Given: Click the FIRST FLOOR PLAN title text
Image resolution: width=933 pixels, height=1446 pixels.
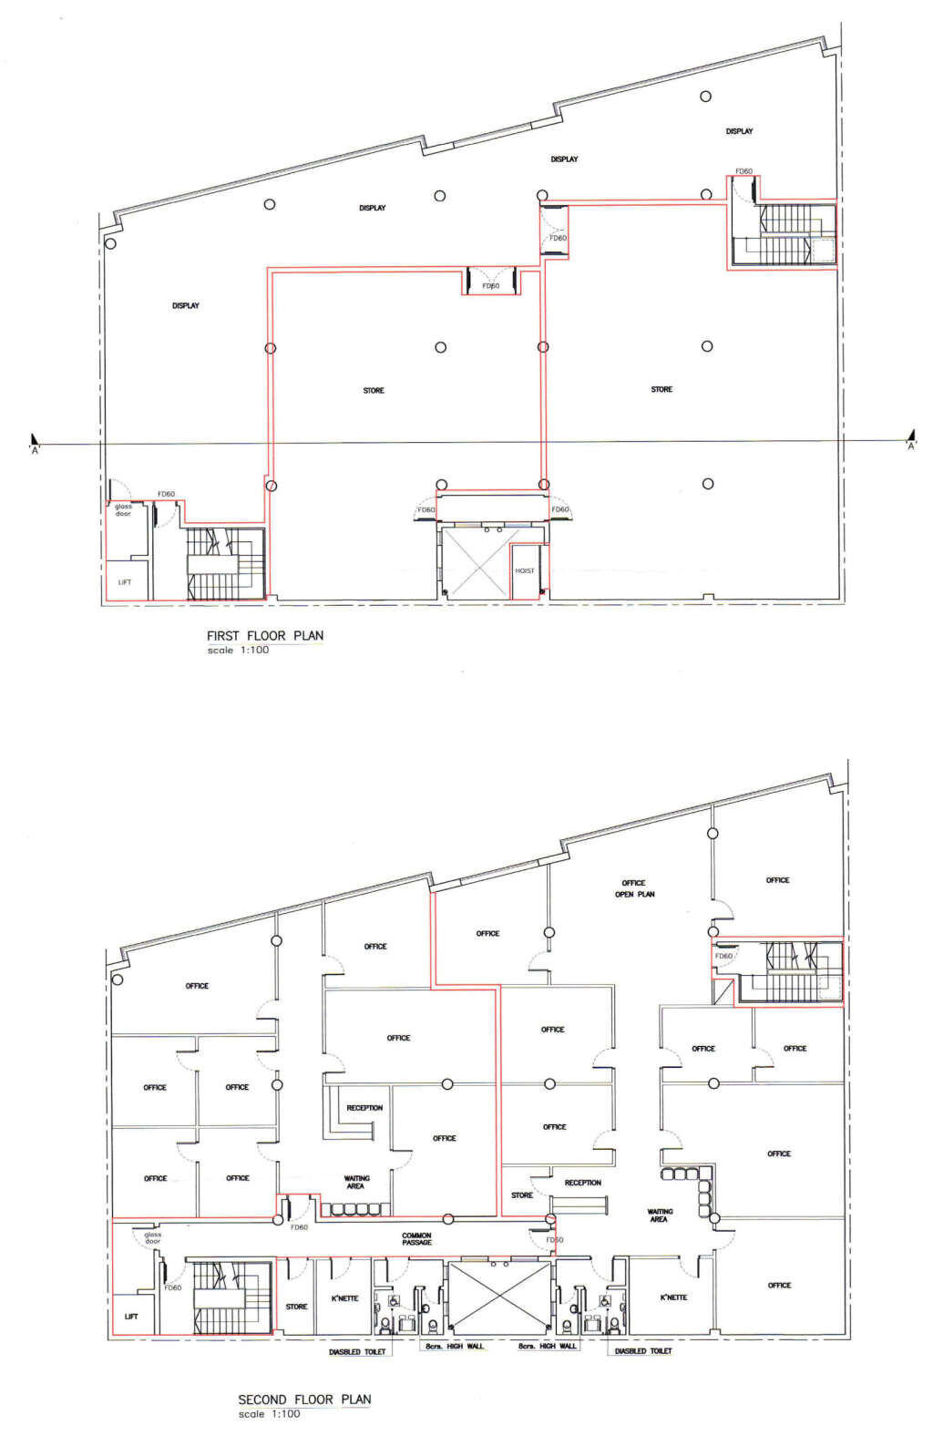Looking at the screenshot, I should pyautogui.click(x=264, y=636).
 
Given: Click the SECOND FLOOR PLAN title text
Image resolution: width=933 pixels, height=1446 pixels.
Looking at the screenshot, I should pyautogui.click(x=304, y=1400).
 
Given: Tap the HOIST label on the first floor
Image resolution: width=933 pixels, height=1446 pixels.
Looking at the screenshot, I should pyautogui.click(x=525, y=571).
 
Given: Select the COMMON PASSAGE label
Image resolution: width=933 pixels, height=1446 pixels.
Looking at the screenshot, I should pyautogui.click(x=416, y=1239).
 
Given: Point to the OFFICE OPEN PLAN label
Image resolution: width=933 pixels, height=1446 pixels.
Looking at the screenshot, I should pyautogui.click(x=634, y=888).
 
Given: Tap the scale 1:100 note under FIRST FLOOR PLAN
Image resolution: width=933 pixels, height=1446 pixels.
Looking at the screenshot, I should pyautogui.click(x=238, y=651).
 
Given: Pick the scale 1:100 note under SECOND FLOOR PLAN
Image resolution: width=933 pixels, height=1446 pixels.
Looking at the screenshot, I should pyautogui.click(x=269, y=1414).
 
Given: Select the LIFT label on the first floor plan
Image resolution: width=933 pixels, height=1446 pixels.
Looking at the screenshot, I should pyautogui.click(x=125, y=582).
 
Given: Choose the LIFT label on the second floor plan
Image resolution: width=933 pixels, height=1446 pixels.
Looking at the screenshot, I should pyautogui.click(x=131, y=1317).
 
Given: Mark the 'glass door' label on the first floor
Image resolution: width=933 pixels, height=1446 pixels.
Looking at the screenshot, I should pyautogui.click(x=123, y=510).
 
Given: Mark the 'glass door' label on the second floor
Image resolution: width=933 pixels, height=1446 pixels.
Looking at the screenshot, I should pyautogui.click(x=152, y=1238).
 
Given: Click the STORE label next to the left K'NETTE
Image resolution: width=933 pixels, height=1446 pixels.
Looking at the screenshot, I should pyautogui.click(x=296, y=1307).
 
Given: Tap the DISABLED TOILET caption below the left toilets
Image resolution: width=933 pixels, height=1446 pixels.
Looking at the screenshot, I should pyautogui.click(x=357, y=1352).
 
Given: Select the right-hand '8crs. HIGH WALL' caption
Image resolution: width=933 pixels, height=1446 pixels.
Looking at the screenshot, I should pyautogui.click(x=547, y=1347).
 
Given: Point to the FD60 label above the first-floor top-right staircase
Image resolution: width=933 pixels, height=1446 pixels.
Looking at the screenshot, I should pyautogui.click(x=743, y=171).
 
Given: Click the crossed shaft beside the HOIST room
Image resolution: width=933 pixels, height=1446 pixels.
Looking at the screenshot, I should pyautogui.click(x=474, y=562).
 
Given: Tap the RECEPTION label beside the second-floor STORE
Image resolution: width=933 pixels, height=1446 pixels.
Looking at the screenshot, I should pyautogui.click(x=582, y=1183).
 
